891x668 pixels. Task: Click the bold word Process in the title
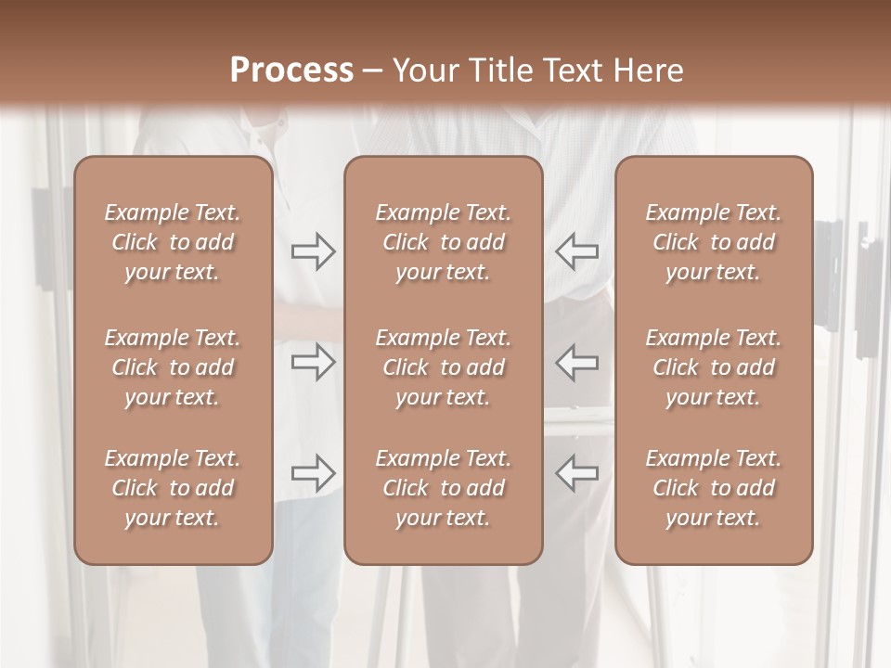point(291,71)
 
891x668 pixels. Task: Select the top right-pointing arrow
point(313,251)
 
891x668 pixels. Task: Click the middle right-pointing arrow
point(313,362)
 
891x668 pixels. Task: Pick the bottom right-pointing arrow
point(313,473)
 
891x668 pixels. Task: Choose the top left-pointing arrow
point(576,251)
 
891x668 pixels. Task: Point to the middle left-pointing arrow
point(576,362)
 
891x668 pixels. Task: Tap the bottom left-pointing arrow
point(576,473)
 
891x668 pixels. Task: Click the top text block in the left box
point(173,242)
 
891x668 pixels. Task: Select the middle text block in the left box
point(173,367)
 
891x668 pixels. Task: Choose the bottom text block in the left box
point(173,488)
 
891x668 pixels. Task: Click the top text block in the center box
point(443,242)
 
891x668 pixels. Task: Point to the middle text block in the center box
point(443,367)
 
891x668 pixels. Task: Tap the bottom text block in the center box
point(443,488)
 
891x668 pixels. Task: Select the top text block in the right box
point(713,242)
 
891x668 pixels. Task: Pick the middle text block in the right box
point(713,367)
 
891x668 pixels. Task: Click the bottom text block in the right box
point(713,488)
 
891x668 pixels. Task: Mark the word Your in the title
point(423,71)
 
